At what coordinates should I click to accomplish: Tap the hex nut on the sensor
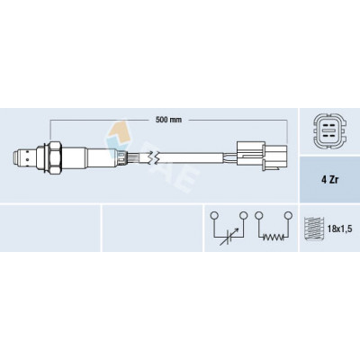(55, 157)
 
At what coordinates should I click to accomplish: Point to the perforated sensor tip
(24, 157)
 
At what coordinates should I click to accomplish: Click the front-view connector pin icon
(329, 130)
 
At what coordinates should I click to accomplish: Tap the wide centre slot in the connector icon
(329, 130)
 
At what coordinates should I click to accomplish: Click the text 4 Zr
(329, 179)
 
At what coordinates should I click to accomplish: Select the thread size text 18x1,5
(339, 229)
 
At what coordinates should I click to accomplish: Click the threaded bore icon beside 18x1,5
(313, 229)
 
